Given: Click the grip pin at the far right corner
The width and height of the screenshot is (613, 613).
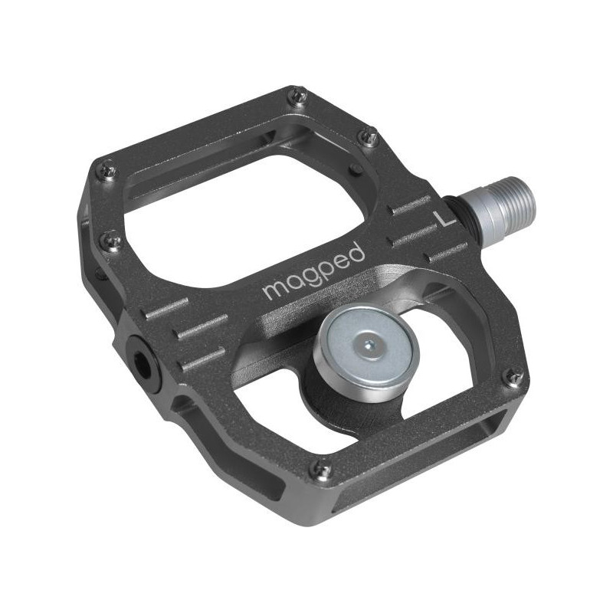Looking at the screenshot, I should [x=513, y=375].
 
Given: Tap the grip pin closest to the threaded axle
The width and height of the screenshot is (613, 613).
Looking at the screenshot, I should [x=369, y=138].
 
